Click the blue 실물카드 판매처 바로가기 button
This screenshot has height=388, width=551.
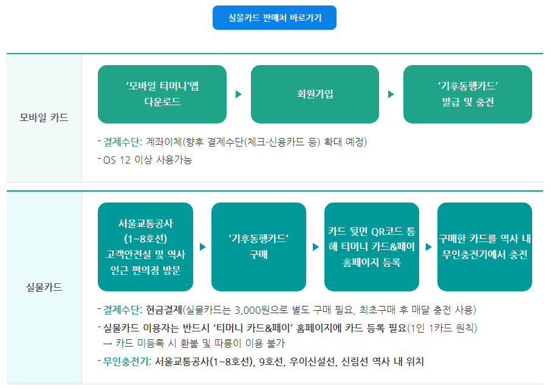[x=275, y=18]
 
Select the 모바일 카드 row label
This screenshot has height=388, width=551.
[x=44, y=117]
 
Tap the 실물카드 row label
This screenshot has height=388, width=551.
[x=44, y=288]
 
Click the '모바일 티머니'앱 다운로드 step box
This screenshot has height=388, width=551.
[x=162, y=94]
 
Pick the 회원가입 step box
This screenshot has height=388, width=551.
[x=315, y=94]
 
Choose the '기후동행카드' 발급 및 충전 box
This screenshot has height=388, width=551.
[x=468, y=94]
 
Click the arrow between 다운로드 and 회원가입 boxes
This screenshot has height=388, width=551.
[x=239, y=94]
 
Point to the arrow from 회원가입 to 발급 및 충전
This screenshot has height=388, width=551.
[x=391, y=94]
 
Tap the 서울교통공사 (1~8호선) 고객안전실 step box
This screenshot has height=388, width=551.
[x=145, y=247]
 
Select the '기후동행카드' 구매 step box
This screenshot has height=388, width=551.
[x=259, y=247]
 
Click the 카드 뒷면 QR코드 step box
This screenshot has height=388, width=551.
[x=372, y=247]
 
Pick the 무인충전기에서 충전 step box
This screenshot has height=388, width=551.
[x=485, y=247]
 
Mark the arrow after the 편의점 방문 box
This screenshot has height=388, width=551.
[x=203, y=247]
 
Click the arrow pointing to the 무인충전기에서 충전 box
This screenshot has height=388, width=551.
[x=429, y=247]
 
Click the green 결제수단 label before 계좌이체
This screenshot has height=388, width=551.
[x=123, y=142]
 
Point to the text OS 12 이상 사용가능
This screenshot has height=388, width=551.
[x=148, y=160]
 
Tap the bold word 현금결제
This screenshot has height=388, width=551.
[x=164, y=310]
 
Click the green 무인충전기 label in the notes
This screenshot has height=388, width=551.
[x=127, y=362]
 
